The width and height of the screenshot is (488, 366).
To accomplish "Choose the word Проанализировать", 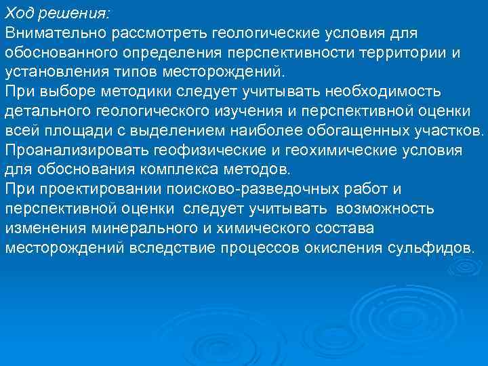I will click(77, 149).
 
